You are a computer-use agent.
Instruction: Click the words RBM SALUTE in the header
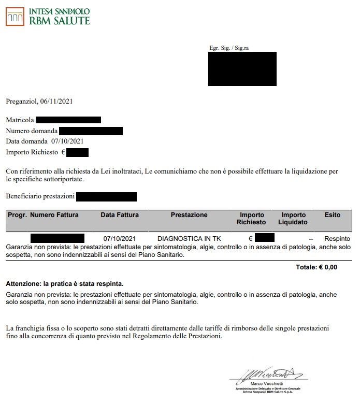coord(60,20)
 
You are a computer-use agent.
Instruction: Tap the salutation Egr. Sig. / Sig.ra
coord(229,48)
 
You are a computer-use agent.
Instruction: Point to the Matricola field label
coord(20,120)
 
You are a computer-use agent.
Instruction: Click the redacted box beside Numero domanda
coord(91,131)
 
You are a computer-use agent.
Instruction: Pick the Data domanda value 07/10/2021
coord(68,141)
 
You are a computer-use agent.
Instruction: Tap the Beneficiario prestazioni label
coord(39,197)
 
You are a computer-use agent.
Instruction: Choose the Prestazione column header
coord(189,215)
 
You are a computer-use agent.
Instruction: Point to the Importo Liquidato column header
coord(294,219)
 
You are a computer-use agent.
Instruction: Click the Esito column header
coord(332,215)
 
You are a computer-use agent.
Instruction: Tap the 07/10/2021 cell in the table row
coord(119,239)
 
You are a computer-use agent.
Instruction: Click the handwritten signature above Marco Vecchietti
coord(264,373)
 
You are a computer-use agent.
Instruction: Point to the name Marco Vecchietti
coord(264,383)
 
